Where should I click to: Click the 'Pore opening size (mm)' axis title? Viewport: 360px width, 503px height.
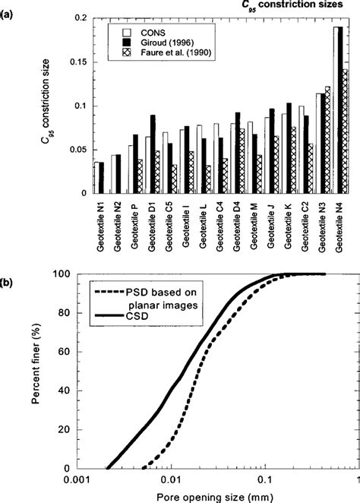coord(218,496)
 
